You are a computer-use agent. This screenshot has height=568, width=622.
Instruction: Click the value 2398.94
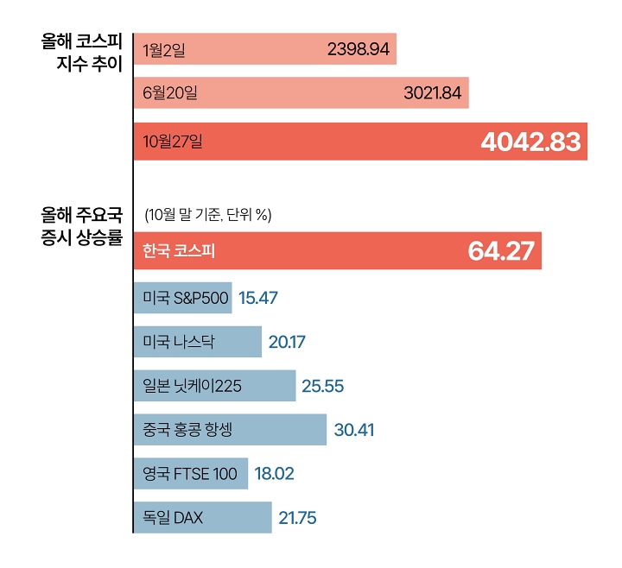click(x=359, y=50)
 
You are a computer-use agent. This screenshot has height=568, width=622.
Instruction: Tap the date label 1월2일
click(x=164, y=50)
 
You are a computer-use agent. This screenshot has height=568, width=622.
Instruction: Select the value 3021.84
click(x=433, y=93)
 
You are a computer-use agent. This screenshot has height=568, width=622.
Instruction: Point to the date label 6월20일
click(x=170, y=93)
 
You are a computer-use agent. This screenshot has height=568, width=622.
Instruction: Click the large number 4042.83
click(x=530, y=142)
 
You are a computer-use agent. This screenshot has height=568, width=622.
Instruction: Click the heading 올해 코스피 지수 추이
click(x=82, y=52)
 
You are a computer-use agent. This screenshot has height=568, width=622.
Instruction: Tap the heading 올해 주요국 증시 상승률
click(x=82, y=223)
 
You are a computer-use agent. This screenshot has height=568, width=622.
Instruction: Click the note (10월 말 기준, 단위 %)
click(x=208, y=214)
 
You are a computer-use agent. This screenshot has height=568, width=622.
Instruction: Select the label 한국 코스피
click(x=179, y=251)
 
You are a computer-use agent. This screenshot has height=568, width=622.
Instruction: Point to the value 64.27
click(x=501, y=251)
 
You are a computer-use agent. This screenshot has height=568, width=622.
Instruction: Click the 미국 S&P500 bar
click(x=182, y=298)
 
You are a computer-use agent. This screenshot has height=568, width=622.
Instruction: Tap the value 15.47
click(x=257, y=298)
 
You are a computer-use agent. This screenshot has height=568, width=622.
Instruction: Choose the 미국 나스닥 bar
click(x=197, y=342)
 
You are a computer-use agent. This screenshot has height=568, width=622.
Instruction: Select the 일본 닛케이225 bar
click(x=214, y=385)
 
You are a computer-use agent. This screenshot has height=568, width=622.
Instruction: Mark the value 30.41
click(x=353, y=429)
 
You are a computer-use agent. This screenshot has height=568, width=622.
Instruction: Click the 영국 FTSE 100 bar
click(x=190, y=473)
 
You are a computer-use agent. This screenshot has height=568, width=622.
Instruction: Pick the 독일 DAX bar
click(x=202, y=517)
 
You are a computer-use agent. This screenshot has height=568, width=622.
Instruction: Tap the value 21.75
click(x=297, y=518)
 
